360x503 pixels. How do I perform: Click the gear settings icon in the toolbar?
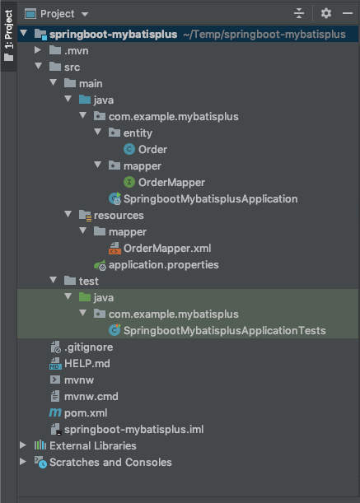(x=326, y=13)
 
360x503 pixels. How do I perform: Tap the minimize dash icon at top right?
(x=348, y=13)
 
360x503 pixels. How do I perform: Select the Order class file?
(x=152, y=150)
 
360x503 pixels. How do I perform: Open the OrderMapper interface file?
(x=171, y=183)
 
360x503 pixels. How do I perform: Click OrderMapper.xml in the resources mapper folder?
(x=167, y=249)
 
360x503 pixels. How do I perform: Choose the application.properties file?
(x=163, y=265)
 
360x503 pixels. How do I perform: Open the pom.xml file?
(x=86, y=413)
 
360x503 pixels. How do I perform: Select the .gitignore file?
(x=88, y=347)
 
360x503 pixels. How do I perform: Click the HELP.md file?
(x=87, y=364)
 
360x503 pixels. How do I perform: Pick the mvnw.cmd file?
(x=91, y=397)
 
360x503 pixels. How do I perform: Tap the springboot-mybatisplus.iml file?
(x=133, y=430)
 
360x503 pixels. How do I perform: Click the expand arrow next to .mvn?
(x=38, y=50)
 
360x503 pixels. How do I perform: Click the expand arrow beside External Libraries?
(x=23, y=445)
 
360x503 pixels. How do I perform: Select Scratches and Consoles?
(x=110, y=463)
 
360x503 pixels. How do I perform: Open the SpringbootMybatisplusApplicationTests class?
(x=224, y=331)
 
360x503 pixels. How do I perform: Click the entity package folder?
(x=138, y=133)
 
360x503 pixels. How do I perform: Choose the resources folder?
(x=119, y=216)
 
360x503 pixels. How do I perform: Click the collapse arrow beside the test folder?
(x=54, y=281)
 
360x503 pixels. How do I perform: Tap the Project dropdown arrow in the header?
(x=85, y=14)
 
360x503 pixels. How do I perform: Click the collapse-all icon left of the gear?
(x=299, y=13)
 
